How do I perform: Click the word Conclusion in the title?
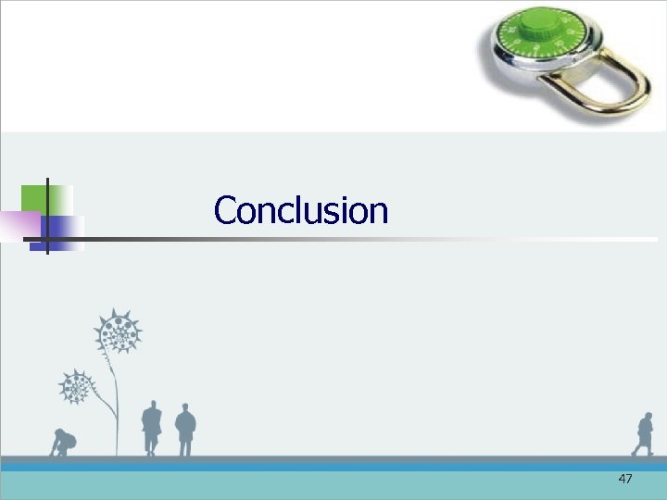pyautogui.click(x=301, y=211)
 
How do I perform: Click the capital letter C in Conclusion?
pyautogui.click(x=225, y=211)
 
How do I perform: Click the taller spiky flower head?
pyautogui.click(x=118, y=331)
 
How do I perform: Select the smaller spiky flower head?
pyautogui.click(x=76, y=385)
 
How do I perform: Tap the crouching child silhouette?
pyautogui.click(x=63, y=443)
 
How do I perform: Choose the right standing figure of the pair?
pyautogui.click(x=185, y=429)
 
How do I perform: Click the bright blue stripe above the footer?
pyautogui.click(x=333, y=468)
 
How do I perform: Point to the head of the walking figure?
pyautogui.click(x=646, y=418)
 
